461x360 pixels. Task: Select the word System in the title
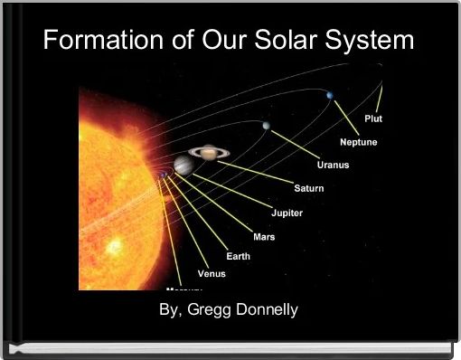coord(372,41)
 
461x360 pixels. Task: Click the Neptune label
coord(358,142)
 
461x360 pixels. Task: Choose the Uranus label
coord(333,165)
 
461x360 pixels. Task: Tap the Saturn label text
coord(308,188)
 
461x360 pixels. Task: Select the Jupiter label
coord(287,213)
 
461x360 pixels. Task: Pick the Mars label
coord(264,236)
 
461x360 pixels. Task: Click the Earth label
coord(238,256)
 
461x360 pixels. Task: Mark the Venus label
coord(212,273)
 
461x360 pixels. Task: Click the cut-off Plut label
coord(372,118)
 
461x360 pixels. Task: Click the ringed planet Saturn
coord(210,153)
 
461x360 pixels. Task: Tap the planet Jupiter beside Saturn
coord(183,165)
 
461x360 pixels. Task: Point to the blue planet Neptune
coord(331,95)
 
